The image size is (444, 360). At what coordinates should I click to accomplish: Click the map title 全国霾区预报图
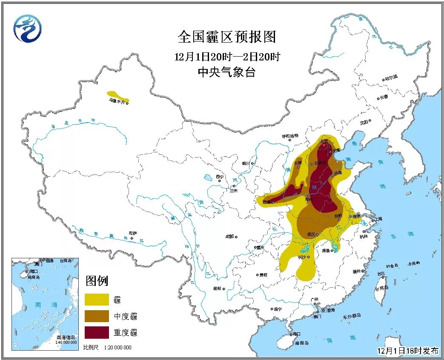[x=226, y=37]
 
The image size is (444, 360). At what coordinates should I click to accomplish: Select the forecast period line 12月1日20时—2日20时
[x=226, y=57]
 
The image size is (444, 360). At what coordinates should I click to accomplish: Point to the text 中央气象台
[x=226, y=72]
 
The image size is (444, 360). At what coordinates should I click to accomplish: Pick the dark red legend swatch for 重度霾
[x=97, y=332]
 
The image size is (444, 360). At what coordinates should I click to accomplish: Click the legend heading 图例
[x=97, y=281]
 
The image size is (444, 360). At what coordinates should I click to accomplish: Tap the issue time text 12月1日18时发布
[x=407, y=351]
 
